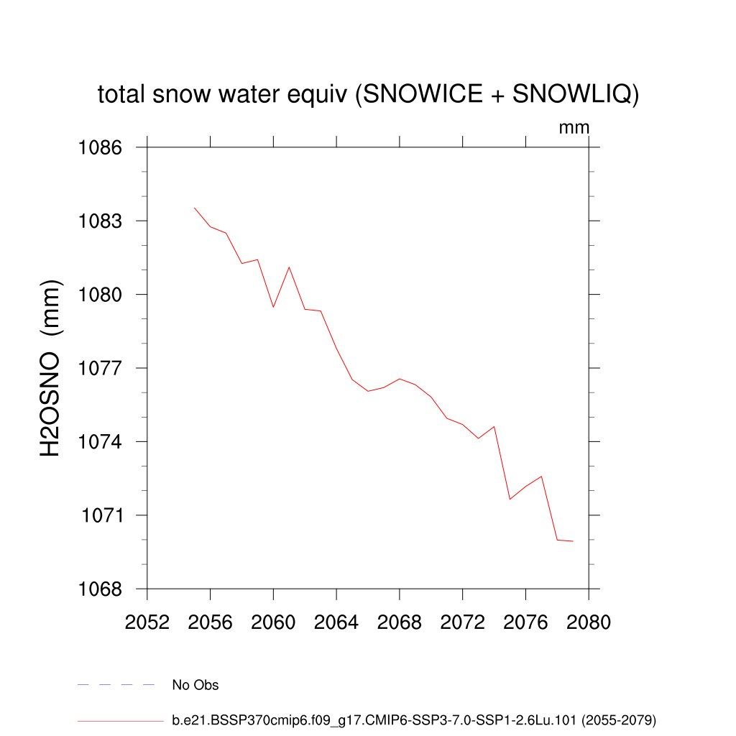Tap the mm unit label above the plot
574,128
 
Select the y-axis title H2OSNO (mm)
51,368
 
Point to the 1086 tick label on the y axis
101,147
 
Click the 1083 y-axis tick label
101,221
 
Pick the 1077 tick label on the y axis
101,368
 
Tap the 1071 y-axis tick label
101,515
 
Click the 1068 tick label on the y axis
101,589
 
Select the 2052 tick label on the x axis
147,622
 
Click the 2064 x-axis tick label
336,622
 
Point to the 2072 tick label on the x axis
462,622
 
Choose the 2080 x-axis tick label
589,622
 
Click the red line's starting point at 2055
195,208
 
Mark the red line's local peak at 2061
289,267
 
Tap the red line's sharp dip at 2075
510,499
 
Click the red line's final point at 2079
573,540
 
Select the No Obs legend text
195,685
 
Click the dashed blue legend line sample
116,685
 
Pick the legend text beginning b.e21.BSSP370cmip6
414,719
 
